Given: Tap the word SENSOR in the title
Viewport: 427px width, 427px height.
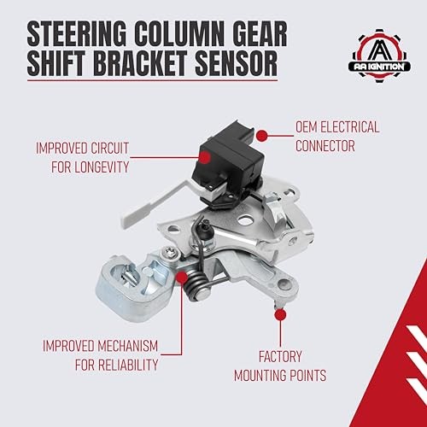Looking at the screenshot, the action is tap(237, 63).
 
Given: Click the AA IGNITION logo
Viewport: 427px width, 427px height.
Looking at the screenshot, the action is tap(380, 56).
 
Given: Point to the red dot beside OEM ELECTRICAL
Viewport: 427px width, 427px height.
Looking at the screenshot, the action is tap(262, 136).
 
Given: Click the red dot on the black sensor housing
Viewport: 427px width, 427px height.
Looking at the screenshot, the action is tap(205, 157).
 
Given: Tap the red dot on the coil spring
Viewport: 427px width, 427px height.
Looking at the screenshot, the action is tap(182, 277).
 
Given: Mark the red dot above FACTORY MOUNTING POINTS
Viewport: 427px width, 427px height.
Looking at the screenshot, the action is tap(280, 315).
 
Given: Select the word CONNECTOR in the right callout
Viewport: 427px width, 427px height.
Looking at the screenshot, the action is tap(325, 146).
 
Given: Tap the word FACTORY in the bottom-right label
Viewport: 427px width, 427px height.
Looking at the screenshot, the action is tap(280, 356).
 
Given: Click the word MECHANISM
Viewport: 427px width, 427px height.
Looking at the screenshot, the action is tap(128, 346).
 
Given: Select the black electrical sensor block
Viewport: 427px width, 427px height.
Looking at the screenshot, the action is tap(228, 165).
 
